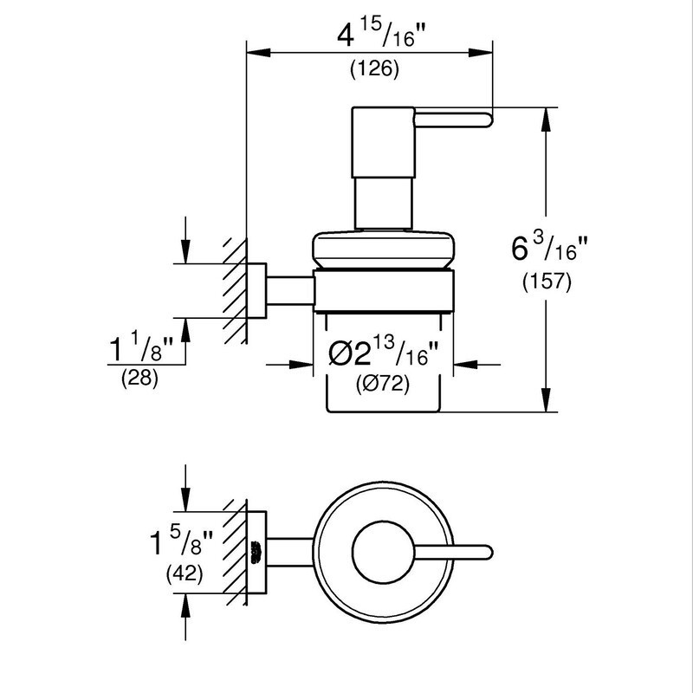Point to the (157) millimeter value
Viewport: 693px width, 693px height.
(x=547, y=282)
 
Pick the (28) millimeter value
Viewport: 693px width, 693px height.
(x=140, y=379)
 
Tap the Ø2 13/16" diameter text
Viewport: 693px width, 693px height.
(x=381, y=353)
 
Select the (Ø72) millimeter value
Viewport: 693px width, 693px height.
(x=381, y=383)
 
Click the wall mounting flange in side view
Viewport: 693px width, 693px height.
(x=257, y=291)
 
